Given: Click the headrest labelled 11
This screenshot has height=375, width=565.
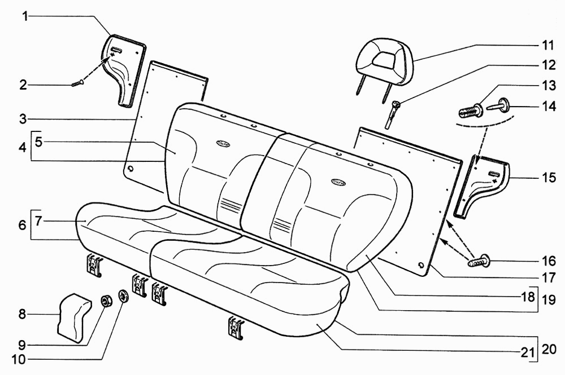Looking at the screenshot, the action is coord(384,63).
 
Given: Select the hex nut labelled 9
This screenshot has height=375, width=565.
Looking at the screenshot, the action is coord(106,301).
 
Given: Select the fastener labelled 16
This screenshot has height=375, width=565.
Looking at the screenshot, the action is coord(479,261).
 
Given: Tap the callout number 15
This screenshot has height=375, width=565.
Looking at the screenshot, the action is coord(549,177).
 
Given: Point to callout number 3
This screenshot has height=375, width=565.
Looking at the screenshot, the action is coord(23,119).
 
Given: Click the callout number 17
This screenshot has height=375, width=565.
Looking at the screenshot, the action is coord(549,277).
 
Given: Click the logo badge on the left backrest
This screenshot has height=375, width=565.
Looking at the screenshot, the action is coord(223,143).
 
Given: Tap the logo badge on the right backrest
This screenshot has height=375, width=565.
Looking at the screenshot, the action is coord(338,182).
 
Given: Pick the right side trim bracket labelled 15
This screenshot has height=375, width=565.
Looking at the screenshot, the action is coord(481,187).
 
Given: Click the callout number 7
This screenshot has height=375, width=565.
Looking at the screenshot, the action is coord(39,220).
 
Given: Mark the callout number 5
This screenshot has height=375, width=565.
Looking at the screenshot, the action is coord(39,142).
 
